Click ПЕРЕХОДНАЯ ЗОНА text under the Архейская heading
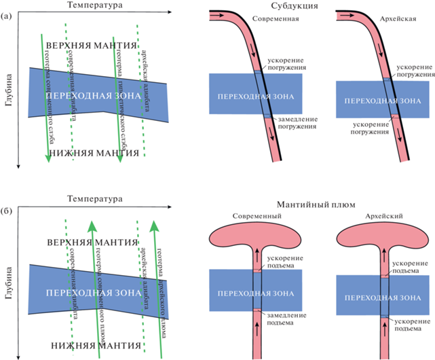(x=378, y=101)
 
